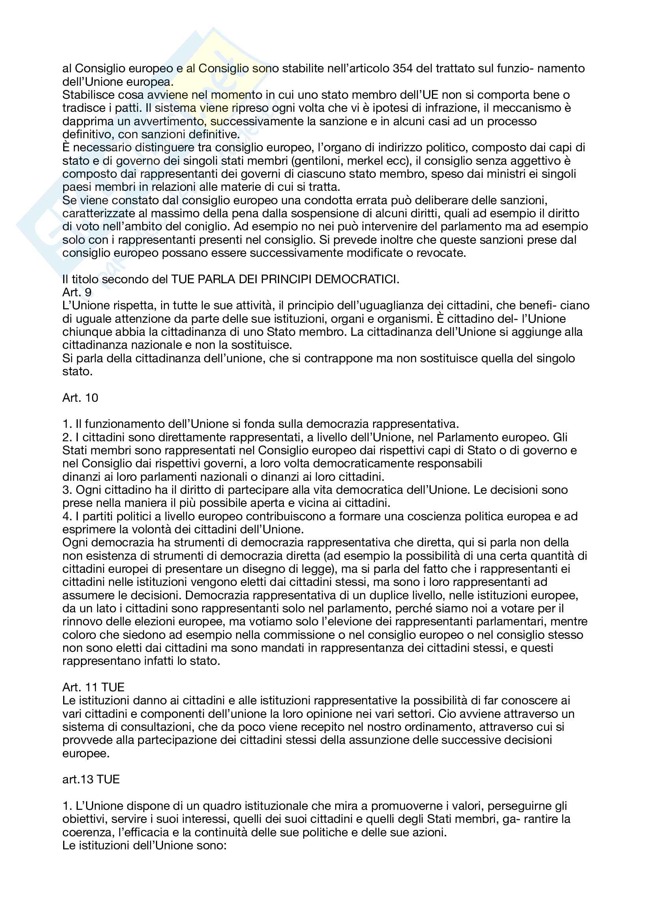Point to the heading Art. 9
[77, 292]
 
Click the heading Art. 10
[80, 398]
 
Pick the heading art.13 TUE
[91, 779]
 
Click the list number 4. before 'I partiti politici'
[67, 516]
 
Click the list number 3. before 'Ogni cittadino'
[67, 490]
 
